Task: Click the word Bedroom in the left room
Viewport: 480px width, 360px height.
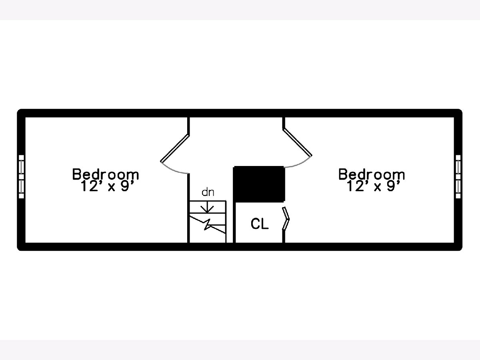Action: pos(106,174)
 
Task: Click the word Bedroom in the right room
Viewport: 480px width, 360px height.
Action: pos(372,174)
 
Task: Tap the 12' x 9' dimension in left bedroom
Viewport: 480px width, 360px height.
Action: pos(107,186)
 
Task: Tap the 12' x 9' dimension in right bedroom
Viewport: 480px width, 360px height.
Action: pos(374,186)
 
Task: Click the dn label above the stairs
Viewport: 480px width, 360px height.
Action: pos(208,192)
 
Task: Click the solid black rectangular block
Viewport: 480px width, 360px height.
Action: pos(259,184)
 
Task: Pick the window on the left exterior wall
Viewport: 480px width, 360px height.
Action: pos(21,177)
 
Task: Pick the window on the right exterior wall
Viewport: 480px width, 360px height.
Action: pos(458,177)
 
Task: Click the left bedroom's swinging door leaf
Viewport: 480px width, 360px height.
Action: pos(175,148)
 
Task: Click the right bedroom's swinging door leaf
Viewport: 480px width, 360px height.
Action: pos(298,142)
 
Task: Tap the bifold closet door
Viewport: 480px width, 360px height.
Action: pos(286,218)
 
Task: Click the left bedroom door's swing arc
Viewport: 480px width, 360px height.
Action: pos(174,170)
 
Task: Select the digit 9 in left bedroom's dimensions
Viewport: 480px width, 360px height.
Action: pos(125,186)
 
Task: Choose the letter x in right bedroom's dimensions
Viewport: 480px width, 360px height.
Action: pos(378,188)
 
